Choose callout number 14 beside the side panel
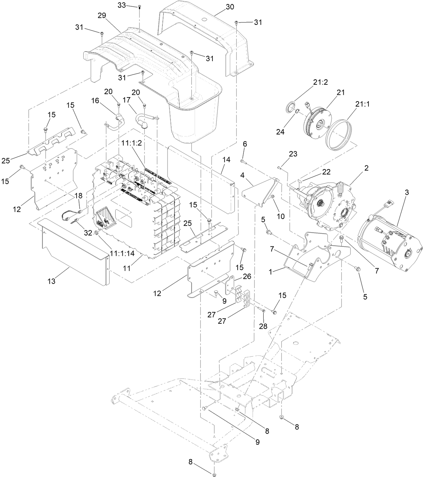click(226, 160)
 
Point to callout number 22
click(326, 171)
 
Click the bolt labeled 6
click(244, 162)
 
